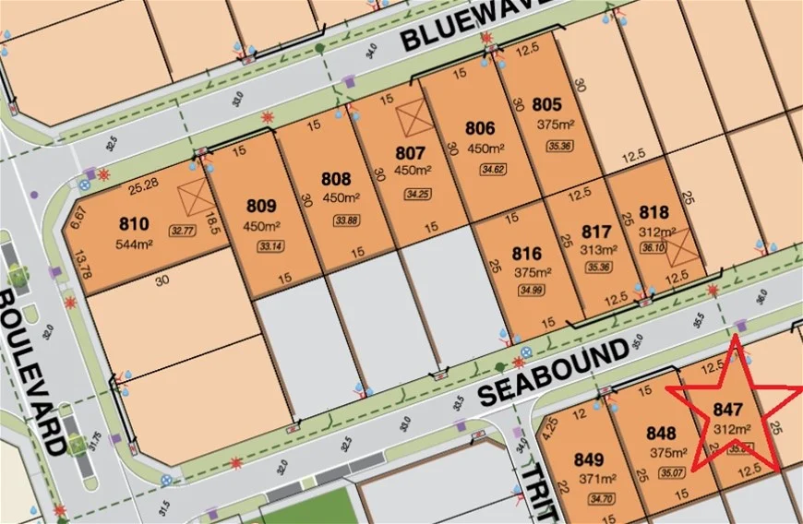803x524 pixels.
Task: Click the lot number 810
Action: point(134,223)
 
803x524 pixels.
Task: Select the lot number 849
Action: point(588,459)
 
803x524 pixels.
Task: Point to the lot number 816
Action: point(526,254)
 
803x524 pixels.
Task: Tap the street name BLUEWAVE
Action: point(480,24)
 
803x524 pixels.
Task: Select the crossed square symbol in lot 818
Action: point(679,246)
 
